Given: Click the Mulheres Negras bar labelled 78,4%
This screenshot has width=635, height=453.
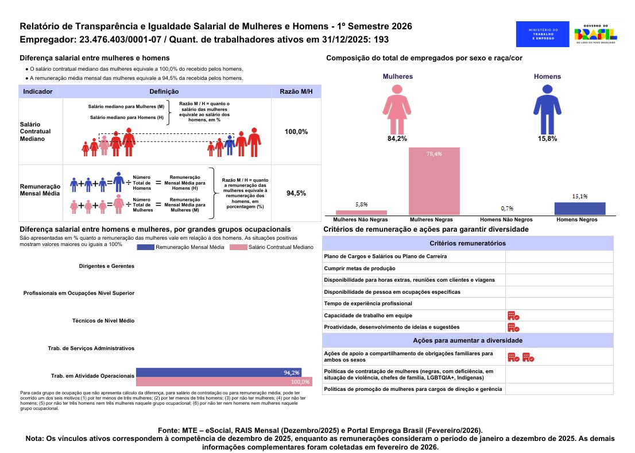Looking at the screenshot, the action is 434,181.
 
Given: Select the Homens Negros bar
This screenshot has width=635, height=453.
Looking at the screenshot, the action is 579,209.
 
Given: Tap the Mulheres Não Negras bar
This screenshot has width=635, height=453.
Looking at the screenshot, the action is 361,213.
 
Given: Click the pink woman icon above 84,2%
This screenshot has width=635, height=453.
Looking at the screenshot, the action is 397,109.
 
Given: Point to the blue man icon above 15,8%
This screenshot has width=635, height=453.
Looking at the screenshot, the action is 547,109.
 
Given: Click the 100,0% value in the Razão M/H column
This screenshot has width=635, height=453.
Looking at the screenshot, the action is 296,132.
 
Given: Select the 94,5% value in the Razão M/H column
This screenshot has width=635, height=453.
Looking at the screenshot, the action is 296,194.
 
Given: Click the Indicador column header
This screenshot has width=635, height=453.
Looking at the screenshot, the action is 38,91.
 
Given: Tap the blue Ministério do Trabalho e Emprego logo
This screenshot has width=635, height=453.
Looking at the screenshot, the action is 543,34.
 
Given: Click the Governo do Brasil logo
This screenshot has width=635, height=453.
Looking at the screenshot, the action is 595,34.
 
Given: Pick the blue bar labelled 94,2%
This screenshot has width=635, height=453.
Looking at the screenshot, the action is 219,373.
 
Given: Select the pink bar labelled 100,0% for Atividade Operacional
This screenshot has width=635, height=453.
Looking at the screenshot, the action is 224,382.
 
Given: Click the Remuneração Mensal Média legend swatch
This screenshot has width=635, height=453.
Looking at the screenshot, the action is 145,247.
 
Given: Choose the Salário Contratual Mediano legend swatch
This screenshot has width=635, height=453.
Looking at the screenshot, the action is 238,247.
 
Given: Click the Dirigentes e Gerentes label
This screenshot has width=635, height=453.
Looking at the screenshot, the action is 107,266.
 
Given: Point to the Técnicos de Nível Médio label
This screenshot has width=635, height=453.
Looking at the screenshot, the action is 103,320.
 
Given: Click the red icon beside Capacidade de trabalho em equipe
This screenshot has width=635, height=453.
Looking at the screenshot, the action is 513,316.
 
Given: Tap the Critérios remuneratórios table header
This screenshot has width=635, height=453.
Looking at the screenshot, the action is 468,243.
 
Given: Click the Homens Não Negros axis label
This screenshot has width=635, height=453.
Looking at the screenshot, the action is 506,220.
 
